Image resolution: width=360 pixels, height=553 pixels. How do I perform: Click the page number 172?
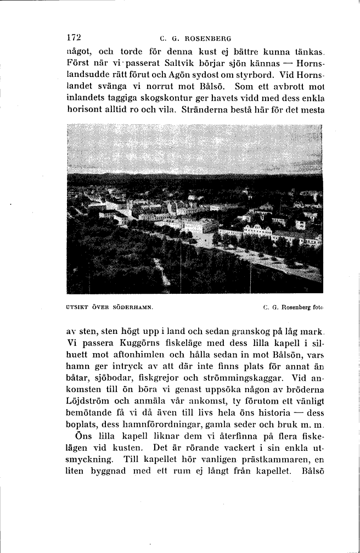point(74,38)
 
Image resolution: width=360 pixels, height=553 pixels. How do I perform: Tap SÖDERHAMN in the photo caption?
point(132,308)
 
